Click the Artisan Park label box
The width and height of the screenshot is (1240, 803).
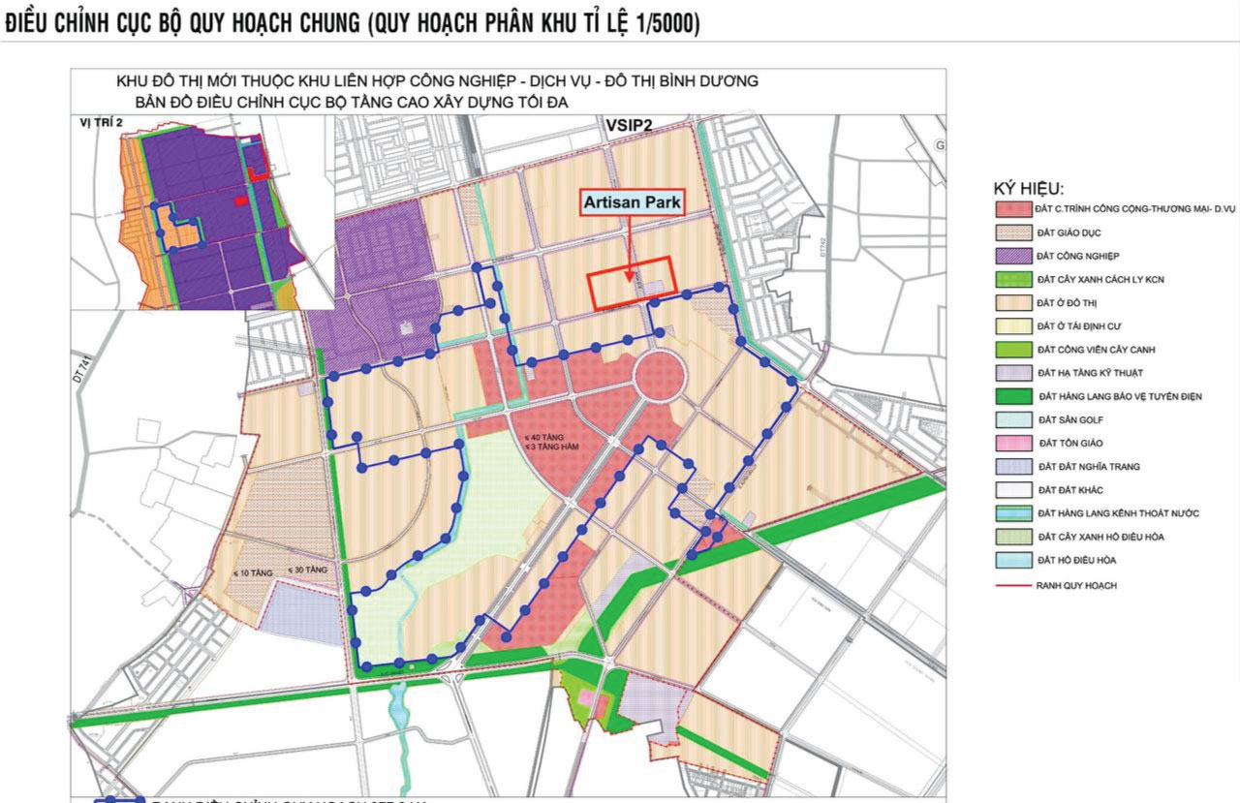click(632, 203)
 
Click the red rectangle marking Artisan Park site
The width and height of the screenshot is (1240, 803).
click(631, 282)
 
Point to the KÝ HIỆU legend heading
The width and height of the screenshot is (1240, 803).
click(1028, 188)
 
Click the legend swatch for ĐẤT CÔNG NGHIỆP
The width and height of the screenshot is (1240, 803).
click(1012, 257)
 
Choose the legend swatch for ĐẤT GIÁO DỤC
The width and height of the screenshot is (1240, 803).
click(1012, 233)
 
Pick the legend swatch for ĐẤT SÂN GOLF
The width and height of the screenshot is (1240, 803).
click(1012, 419)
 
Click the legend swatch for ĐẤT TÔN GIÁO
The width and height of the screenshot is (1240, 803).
click(1012, 443)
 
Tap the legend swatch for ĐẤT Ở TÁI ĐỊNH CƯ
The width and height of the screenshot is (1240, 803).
click(1012, 326)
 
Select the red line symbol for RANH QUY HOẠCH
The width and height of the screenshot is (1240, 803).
click(1012, 585)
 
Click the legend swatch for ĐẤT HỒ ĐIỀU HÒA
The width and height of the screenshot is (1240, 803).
click(1012, 560)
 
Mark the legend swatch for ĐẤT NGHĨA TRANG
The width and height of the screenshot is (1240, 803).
click(1012, 467)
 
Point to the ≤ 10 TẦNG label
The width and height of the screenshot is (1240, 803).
click(249, 573)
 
